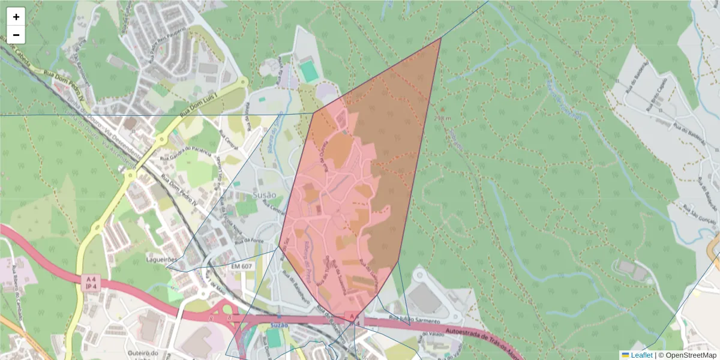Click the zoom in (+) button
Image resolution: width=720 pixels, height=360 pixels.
pos(16,17)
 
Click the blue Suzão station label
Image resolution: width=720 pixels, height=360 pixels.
pos(279,325)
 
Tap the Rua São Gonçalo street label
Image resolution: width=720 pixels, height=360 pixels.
pos(700,216)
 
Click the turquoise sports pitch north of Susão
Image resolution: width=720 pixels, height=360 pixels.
pos(309,71)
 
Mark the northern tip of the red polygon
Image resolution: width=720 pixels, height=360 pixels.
pos(441,38)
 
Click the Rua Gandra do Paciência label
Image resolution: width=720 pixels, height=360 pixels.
pos(186,152)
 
